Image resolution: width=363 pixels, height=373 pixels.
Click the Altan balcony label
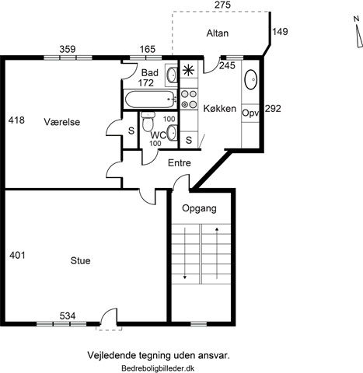(218, 33)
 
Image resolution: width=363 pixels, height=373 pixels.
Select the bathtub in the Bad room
(149, 99)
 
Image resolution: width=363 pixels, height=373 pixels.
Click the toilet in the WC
(148, 121)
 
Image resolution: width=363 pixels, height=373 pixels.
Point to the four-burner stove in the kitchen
(189, 99)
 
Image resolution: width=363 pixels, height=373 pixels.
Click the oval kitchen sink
(250, 79)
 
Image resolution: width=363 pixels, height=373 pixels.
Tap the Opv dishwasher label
(250, 113)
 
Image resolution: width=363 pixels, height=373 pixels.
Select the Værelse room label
(62, 122)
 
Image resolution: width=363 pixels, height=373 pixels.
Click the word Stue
(80, 260)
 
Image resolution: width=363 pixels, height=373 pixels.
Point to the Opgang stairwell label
(199, 208)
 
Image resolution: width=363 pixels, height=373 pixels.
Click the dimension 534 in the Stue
(68, 316)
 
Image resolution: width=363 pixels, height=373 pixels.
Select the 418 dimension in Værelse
(16, 120)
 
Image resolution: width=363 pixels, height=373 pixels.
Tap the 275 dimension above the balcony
(222, 5)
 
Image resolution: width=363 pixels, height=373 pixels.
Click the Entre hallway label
(180, 163)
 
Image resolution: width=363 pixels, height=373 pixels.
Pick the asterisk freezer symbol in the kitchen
(187, 71)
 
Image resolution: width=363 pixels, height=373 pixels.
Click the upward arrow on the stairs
(217, 253)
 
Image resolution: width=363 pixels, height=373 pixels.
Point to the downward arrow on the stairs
(185, 253)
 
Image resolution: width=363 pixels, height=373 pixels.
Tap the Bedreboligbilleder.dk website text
(158, 368)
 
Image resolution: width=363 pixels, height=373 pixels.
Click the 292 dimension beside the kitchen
(273, 109)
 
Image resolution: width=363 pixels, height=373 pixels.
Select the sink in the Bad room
(171, 75)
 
